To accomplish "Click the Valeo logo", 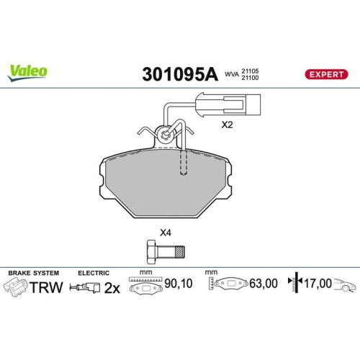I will click(28, 71).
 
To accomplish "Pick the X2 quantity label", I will click(228, 125).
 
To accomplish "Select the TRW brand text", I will click(46, 287).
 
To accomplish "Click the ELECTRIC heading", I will click(94, 274).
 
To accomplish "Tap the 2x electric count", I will click(111, 287).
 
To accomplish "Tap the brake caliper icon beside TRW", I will click(15, 287).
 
